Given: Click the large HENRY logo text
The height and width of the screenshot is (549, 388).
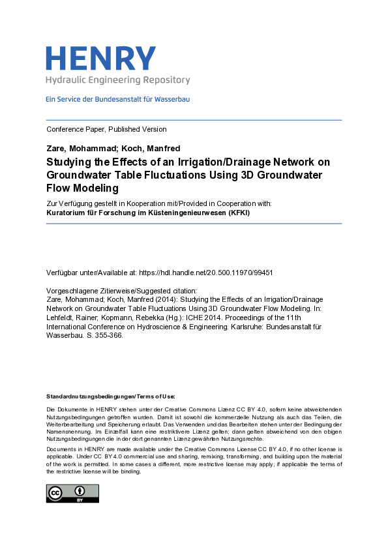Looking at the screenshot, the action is [100, 59].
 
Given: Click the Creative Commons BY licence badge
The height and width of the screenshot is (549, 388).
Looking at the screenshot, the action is [72, 493].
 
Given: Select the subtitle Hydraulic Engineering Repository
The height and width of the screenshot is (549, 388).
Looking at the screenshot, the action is [117, 80].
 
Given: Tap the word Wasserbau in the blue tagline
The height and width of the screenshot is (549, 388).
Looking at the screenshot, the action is [173, 100].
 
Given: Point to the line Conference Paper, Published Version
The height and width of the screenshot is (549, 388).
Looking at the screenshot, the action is [106, 129].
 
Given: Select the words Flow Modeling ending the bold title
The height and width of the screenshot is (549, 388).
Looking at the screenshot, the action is [82, 188].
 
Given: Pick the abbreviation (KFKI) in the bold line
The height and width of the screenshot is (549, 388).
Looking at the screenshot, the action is [237, 213].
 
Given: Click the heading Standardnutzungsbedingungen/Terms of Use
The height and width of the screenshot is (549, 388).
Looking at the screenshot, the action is [110, 396].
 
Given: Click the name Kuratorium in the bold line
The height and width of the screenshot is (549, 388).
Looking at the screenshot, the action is [67, 213].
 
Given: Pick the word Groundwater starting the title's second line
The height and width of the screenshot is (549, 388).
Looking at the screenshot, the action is [79, 175].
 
